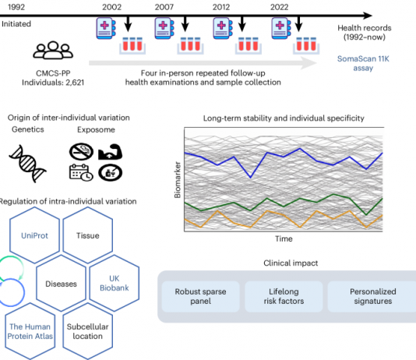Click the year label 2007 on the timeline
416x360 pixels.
[164, 7]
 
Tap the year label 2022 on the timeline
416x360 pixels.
[280, 7]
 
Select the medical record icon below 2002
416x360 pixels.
[106, 28]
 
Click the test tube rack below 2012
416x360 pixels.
[249, 46]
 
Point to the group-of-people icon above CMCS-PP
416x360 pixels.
[53, 50]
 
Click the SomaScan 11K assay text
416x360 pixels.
[363, 63]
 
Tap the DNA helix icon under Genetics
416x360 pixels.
[27, 164]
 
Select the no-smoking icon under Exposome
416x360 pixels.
[81, 152]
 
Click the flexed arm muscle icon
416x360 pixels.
[110, 152]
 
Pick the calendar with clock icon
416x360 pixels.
[81, 172]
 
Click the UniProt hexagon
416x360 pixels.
[34, 235]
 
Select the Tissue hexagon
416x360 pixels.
[88, 235]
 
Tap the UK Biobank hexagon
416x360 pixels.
[115, 283]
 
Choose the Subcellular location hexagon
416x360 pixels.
[88, 331]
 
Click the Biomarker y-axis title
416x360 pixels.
[177, 179]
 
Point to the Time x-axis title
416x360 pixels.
[284, 238]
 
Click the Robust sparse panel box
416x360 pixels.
[200, 296]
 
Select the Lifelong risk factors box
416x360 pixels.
[284, 296]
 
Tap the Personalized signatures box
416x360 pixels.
[372, 296]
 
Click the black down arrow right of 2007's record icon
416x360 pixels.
[185, 24]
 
